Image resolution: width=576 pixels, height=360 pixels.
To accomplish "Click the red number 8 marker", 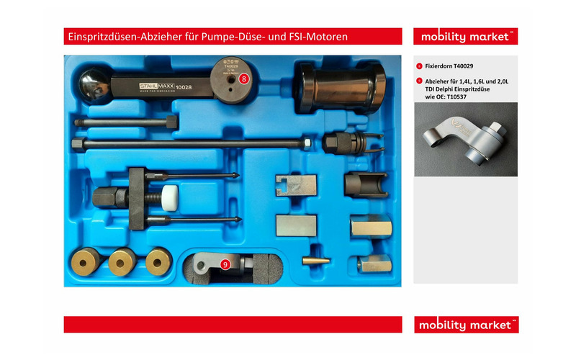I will click(x=244, y=78).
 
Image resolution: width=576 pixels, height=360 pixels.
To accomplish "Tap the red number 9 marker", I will click(x=225, y=264).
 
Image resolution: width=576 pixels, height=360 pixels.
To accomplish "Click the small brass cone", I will click(x=315, y=259).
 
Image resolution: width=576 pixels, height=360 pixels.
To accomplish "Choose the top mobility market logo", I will click(x=465, y=37).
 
